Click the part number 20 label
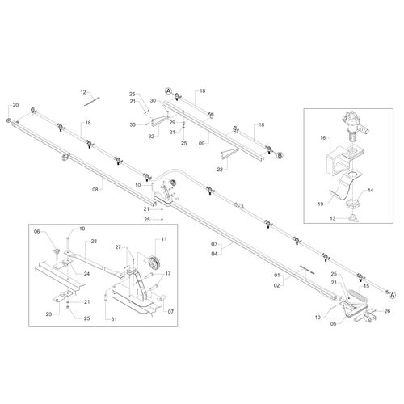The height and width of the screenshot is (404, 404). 14,105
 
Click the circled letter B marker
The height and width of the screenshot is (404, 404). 279,154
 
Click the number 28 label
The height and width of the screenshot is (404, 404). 94,242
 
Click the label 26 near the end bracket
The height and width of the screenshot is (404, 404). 387,311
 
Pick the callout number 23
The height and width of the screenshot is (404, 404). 48,314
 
